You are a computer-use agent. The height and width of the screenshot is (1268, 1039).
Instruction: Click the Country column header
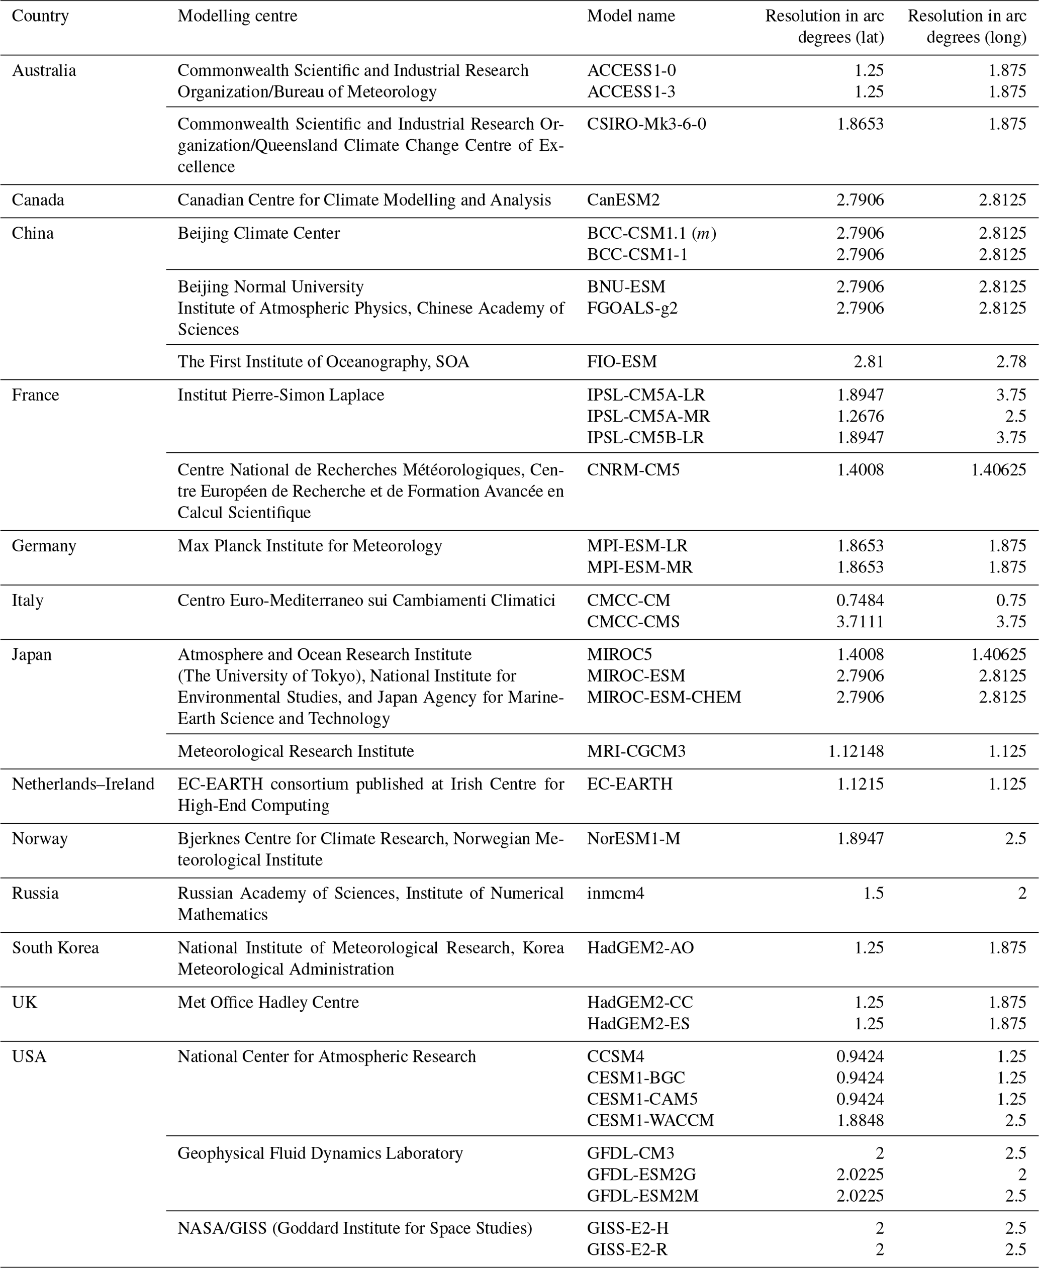click(x=40, y=16)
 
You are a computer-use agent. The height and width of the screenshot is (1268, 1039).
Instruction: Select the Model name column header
click(x=631, y=16)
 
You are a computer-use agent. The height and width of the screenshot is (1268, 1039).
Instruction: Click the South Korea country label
click(x=55, y=948)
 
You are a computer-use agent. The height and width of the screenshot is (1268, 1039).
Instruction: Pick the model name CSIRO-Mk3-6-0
click(x=646, y=124)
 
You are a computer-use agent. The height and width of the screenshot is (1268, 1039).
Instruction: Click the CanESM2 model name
click(x=623, y=200)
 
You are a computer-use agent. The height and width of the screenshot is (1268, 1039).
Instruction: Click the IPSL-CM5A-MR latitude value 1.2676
click(x=860, y=416)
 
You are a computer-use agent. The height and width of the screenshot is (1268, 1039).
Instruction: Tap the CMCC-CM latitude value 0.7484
click(x=860, y=600)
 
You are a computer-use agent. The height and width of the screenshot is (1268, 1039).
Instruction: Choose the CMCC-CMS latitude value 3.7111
click(x=860, y=622)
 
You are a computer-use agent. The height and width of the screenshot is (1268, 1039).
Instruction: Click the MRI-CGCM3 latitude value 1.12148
click(x=856, y=751)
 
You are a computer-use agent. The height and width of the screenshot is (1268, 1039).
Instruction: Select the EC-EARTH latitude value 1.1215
click(x=860, y=784)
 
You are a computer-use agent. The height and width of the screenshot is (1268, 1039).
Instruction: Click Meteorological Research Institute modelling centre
click(x=296, y=751)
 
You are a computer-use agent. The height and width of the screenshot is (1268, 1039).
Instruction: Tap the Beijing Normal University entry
click(x=270, y=286)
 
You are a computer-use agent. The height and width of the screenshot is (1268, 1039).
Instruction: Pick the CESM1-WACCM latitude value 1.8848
click(x=860, y=1120)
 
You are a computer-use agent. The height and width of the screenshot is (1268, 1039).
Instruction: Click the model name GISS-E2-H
click(x=628, y=1228)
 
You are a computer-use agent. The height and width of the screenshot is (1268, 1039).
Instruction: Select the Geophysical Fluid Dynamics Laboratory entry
click(x=320, y=1153)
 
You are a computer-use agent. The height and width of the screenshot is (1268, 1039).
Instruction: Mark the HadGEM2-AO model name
click(x=640, y=948)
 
